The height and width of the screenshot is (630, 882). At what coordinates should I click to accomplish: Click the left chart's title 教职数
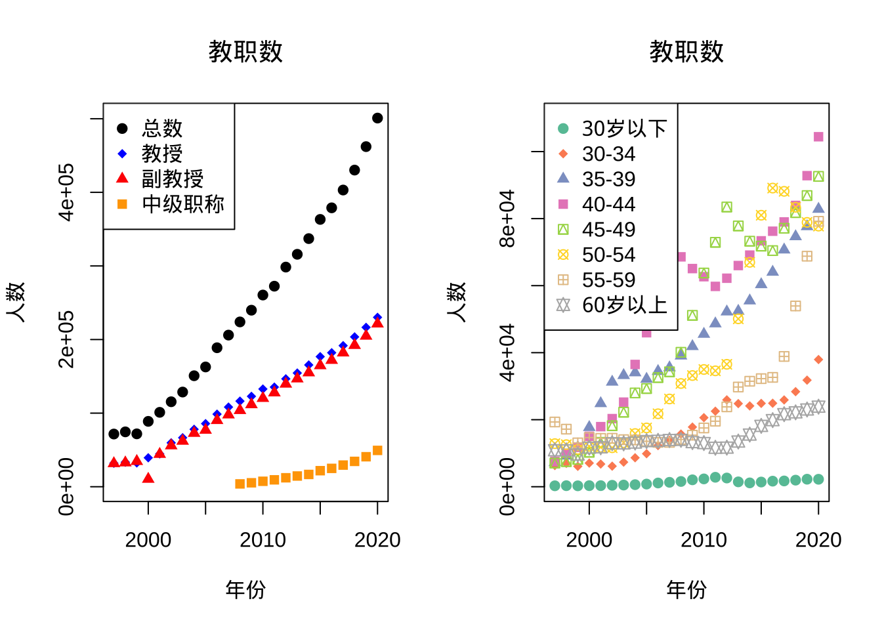tap(245, 51)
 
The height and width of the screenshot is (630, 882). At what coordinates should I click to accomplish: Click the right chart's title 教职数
tap(686, 51)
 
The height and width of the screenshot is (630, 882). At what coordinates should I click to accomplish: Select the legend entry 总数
tap(162, 128)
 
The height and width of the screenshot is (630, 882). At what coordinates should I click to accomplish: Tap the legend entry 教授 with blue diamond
tap(162, 154)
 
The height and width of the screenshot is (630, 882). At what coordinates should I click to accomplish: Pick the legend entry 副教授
tap(173, 178)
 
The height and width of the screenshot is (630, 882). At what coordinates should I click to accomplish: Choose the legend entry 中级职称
tap(183, 204)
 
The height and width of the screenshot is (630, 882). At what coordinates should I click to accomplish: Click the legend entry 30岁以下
tap(624, 129)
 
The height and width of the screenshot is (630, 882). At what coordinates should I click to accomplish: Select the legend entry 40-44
tap(608, 204)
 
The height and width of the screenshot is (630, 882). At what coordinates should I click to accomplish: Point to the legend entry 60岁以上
tap(624, 305)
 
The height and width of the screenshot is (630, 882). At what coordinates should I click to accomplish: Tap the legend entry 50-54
tap(608, 255)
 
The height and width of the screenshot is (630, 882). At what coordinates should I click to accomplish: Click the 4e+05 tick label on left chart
tap(66, 192)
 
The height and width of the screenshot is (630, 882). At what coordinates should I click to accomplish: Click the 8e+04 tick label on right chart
tap(507, 219)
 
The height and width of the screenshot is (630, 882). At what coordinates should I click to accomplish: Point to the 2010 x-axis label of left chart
tap(262, 540)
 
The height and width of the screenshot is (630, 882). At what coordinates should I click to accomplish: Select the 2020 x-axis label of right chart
tap(818, 540)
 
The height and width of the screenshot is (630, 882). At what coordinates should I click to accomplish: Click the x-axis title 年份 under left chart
tap(245, 589)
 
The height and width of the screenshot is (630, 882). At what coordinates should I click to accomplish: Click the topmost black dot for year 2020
tap(377, 118)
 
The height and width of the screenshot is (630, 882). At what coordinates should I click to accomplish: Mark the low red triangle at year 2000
tap(148, 478)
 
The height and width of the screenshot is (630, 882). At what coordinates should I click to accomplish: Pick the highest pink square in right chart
tap(818, 136)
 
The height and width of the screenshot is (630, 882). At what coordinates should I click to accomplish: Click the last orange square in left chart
tap(377, 450)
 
